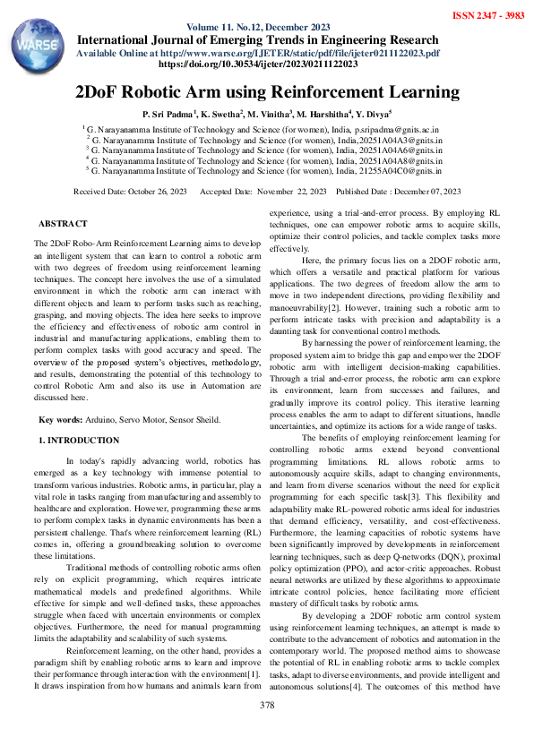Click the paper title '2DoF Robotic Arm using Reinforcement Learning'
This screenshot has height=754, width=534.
pos(267,92)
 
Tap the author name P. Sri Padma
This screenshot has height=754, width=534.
pos(169,115)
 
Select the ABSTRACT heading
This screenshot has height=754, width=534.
pos(63,223)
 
